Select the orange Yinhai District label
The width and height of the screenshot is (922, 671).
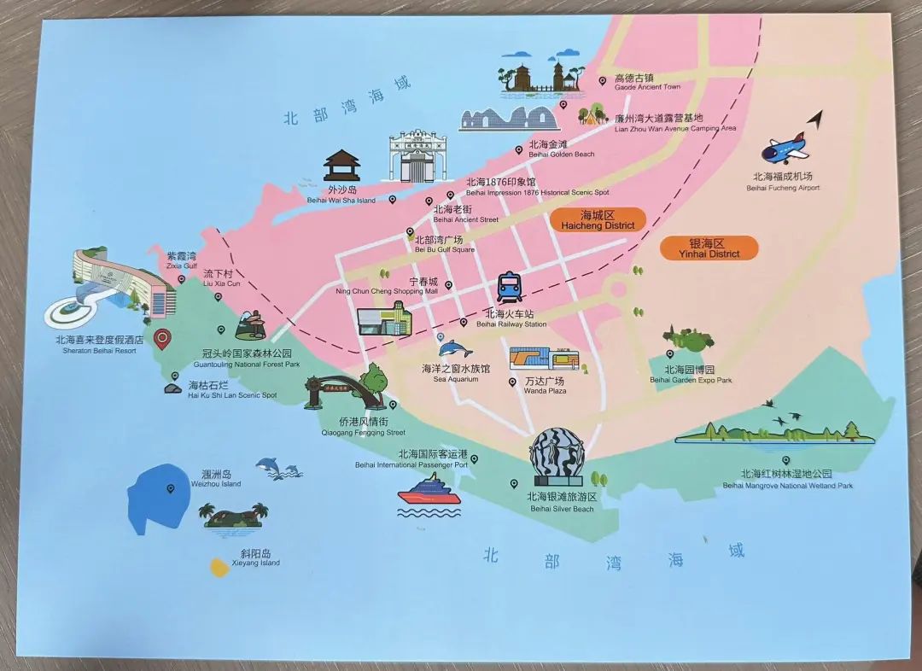click(709, 248)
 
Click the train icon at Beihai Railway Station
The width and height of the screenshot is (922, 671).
click(509, 288)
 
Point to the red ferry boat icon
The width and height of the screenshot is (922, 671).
click(429, 493)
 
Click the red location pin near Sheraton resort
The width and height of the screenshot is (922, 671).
click(162, 340)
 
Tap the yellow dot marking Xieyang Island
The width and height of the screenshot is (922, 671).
click(219, 566)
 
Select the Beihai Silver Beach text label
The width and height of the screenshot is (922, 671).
click(561, 503)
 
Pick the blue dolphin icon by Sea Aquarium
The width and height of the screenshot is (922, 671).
click(455, 348)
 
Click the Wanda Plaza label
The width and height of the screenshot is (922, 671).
click(545, 386)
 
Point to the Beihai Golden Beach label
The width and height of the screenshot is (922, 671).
click(561, 149)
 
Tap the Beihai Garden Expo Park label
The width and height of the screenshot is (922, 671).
click(691, 375)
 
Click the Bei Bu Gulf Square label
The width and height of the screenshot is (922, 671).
click(444, 245)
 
